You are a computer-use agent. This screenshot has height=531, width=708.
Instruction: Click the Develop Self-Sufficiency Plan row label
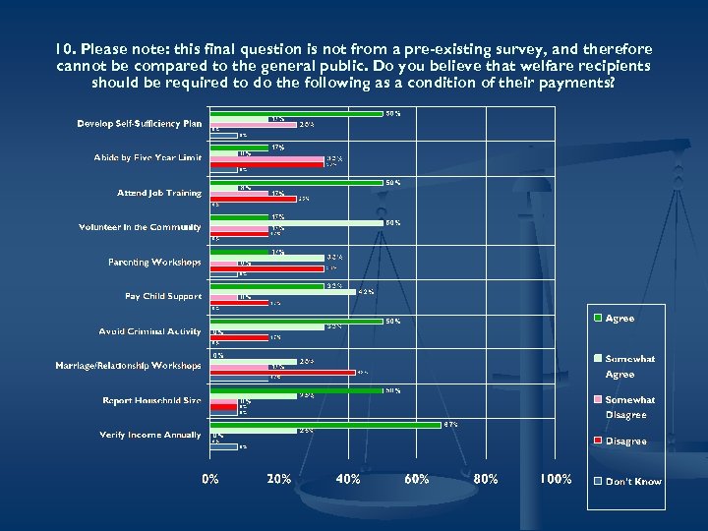(139, 124)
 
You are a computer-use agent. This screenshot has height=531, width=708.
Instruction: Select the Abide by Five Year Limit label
(147, 158)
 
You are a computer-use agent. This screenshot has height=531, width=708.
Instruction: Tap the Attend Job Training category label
(158, 193)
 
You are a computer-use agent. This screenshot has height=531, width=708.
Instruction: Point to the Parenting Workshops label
(154, 263)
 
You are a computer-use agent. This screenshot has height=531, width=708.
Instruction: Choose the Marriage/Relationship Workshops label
(128, 366)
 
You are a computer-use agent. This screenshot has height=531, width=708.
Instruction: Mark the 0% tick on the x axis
(210, 479)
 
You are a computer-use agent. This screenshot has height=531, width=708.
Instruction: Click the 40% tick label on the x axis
(348, 479)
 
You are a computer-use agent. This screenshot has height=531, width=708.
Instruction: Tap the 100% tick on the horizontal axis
(555, 479)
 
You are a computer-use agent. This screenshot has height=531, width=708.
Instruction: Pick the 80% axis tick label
(486, 479)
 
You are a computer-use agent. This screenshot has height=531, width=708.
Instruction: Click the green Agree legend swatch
(597, 319)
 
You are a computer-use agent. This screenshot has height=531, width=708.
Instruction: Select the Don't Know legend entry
(633, 482)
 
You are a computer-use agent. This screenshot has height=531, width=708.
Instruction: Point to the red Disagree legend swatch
(597, 442)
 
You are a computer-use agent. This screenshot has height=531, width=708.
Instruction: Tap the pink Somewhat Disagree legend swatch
(597, 399)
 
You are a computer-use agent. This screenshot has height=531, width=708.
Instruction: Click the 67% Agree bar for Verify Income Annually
(325, 425)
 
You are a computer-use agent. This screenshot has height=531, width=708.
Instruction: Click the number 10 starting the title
(64, 49)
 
